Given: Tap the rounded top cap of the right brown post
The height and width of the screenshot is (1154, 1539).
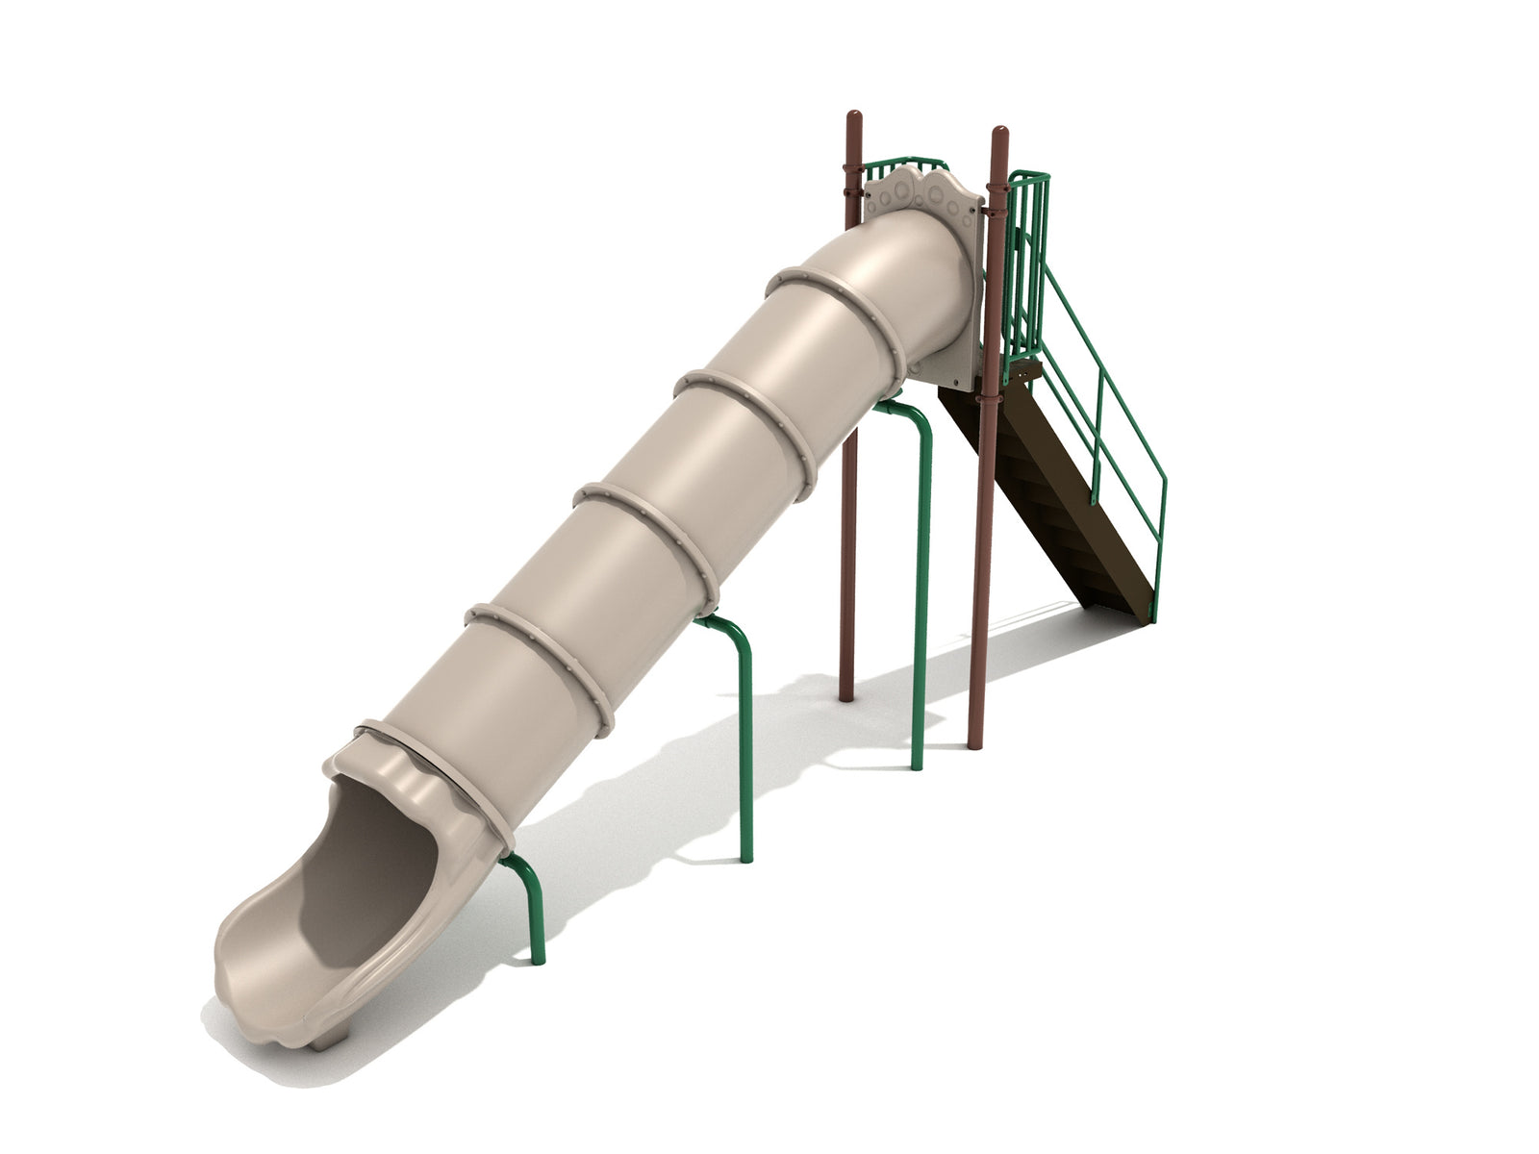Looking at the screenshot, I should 1000,133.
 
